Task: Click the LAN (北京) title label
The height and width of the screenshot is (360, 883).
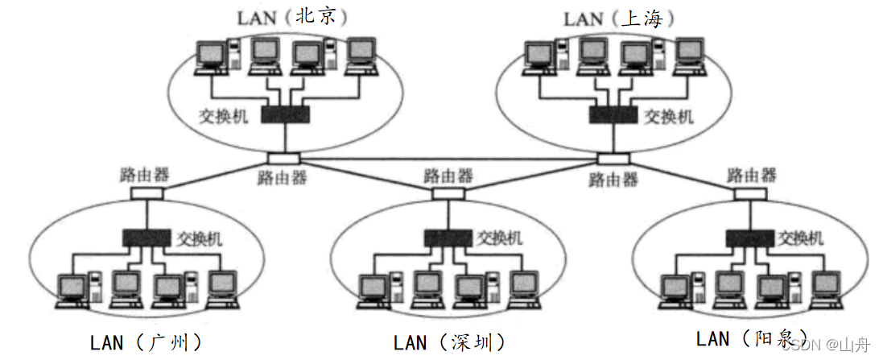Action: (287, 17)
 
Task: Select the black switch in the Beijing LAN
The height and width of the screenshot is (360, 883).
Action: (285, 115)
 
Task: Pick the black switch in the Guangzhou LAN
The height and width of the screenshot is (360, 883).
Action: (146, 238)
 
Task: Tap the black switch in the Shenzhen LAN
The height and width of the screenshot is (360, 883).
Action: (449, 238)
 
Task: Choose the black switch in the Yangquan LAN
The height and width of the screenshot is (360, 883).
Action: (750, 238)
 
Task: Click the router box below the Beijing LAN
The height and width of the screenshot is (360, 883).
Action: (284, 159)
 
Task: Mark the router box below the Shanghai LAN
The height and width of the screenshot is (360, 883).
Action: (613, 159)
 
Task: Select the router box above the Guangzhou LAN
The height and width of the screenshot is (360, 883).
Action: (146, 193)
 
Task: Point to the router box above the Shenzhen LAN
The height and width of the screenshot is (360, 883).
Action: (448, 194)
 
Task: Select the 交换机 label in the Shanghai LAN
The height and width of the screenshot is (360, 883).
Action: (668, 116)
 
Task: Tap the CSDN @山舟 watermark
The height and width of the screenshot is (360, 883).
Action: (825, 345)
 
